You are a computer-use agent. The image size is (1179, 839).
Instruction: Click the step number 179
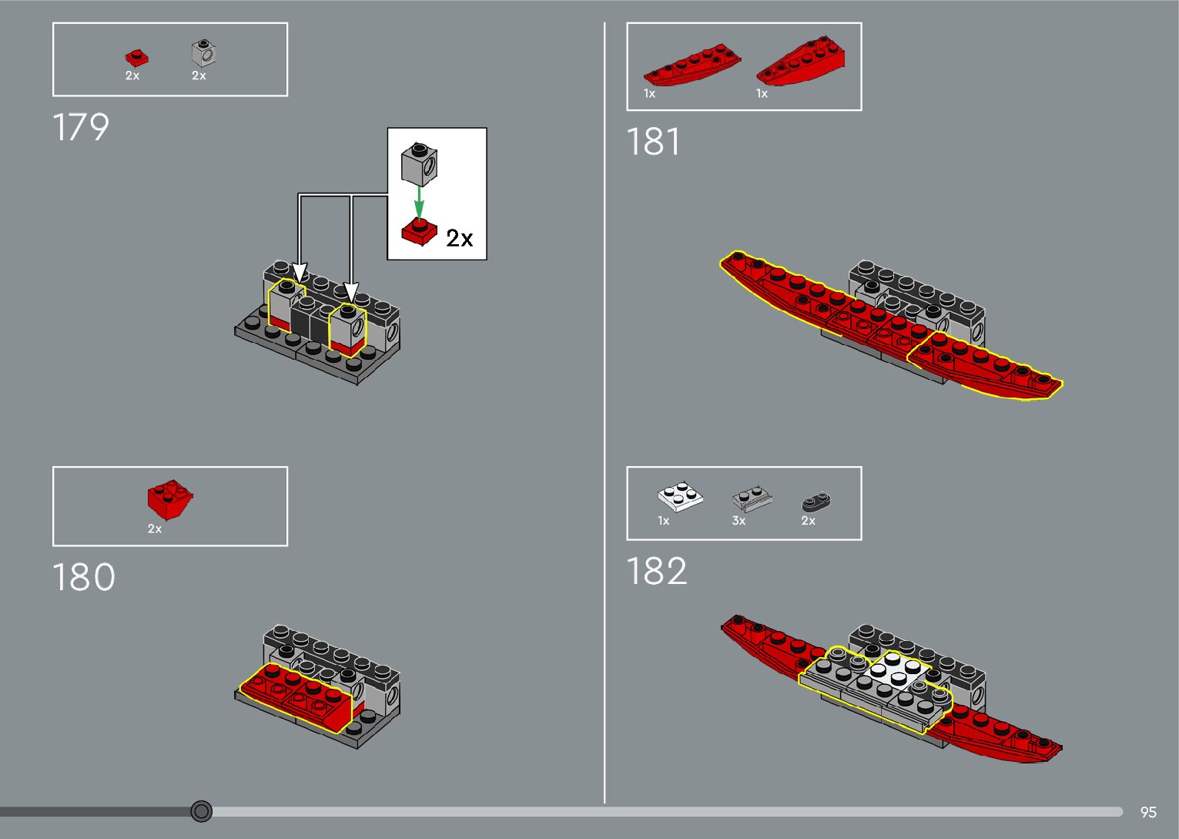tap(81, 128)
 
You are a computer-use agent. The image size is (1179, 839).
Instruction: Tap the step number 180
tap(83, 577)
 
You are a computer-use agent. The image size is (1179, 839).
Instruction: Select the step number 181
tap(653, 143)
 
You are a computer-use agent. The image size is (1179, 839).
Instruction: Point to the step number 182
tap(656, 572)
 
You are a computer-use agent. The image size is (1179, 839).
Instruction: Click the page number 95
tap(1148, 812)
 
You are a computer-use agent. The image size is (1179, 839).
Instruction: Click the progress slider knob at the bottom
tap(202, 811)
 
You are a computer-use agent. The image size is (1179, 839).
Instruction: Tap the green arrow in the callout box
tap(419, 202)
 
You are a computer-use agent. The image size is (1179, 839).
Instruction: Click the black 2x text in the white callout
tap(459, 238)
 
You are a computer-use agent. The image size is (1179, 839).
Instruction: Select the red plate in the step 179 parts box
tap(136, 58)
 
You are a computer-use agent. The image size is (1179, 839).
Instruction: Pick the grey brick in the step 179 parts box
tap(203, 53)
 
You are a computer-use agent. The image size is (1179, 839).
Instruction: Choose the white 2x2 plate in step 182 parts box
tap(680, 497)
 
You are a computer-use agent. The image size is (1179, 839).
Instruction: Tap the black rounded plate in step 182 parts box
tap(816, 502)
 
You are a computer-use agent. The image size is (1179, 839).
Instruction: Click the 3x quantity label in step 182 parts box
tap(739, 521)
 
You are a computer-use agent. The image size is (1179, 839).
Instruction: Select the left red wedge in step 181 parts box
tap(691, 65)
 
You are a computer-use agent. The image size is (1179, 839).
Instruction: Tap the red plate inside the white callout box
tap(419, 232)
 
